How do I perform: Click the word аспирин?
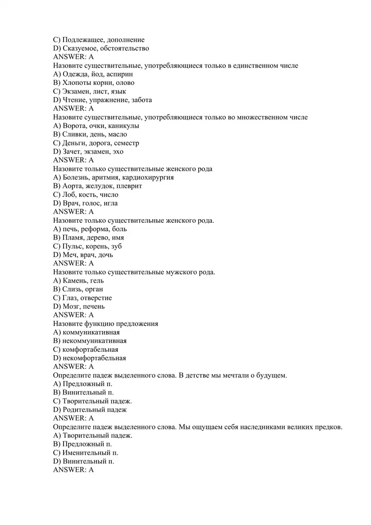(x=121, y=74)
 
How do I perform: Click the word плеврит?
(x=130, y=186)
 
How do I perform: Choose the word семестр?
(x=127, y=143)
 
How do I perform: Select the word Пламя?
(x=73, y=238)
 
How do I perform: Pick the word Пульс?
(x=72, y=246)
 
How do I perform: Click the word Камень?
(x=74, y=281)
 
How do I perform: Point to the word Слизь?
(x=72, y=289)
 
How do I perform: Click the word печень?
(x=94, y=306)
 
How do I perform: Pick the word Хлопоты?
(x=77, y=83)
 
